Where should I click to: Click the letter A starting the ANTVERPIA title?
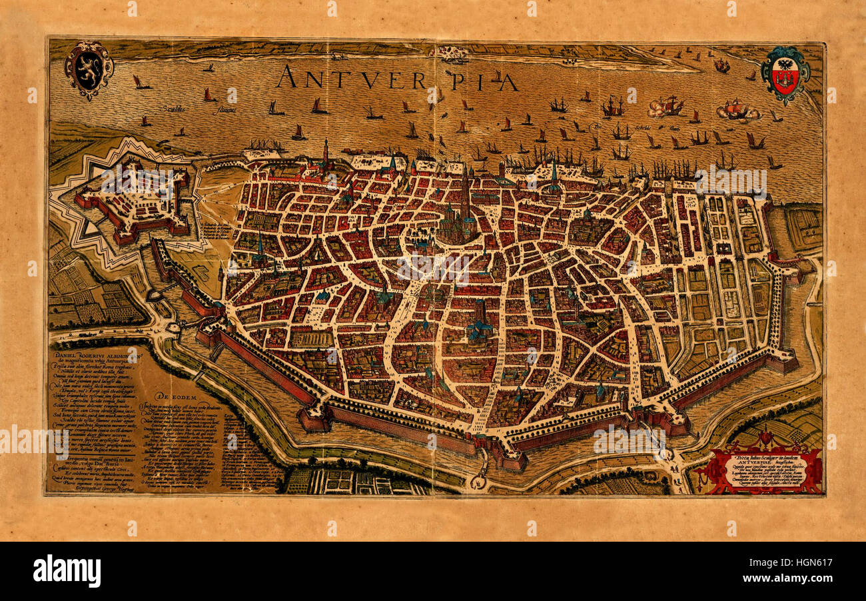[x=288, y=77]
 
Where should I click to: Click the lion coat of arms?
[x=89, y=69]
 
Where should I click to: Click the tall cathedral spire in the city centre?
[x=464, y=193]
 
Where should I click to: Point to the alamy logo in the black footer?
[x=67, y=570]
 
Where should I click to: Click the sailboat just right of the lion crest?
[x=140, y=83]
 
